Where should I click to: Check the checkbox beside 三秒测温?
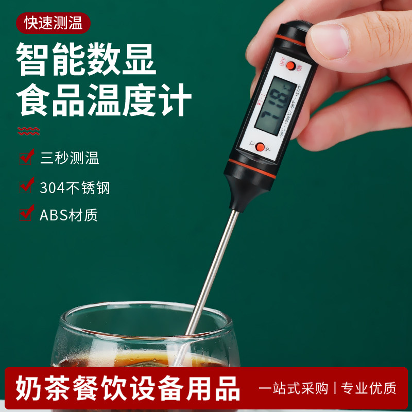(26, 157)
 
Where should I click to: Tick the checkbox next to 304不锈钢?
(26, 186)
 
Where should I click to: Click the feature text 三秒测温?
(70, 158)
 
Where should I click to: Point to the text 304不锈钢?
(75, 187)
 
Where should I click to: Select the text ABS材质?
(69, 214)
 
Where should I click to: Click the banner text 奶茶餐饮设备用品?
(128, 388)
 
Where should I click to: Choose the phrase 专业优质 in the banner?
(368, 388)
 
